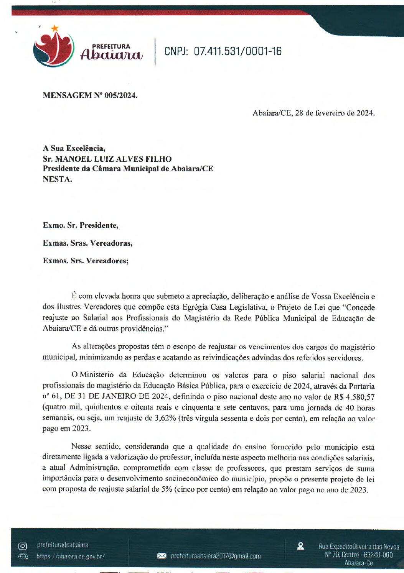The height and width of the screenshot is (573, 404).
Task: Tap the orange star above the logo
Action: click(x=55, y=28)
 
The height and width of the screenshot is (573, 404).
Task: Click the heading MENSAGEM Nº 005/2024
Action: click(x=90, y=95)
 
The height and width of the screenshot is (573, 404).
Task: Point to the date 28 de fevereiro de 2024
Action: click(x=334, y=113)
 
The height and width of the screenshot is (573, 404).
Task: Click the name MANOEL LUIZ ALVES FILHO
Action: click(x=114, y=159)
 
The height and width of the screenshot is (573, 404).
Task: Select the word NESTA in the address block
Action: click(x=56, y=179)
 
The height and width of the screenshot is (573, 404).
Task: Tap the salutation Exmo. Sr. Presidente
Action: click(x=81, y=225)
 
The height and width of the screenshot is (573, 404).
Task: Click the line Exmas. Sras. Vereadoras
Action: click(x=87, y=243)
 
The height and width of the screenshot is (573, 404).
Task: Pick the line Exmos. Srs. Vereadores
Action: click(x=86, y=261)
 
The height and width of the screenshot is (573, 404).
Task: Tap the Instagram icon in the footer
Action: click(x=23, y=546)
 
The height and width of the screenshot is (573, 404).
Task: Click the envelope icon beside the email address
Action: click(x=162, y=556)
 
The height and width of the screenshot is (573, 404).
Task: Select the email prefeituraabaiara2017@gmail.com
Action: click(x=216, y=556)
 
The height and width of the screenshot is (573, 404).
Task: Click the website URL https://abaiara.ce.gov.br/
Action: click(x=71, y=556)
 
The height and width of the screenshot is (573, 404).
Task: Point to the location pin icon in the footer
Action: click(x=300, y=546)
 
